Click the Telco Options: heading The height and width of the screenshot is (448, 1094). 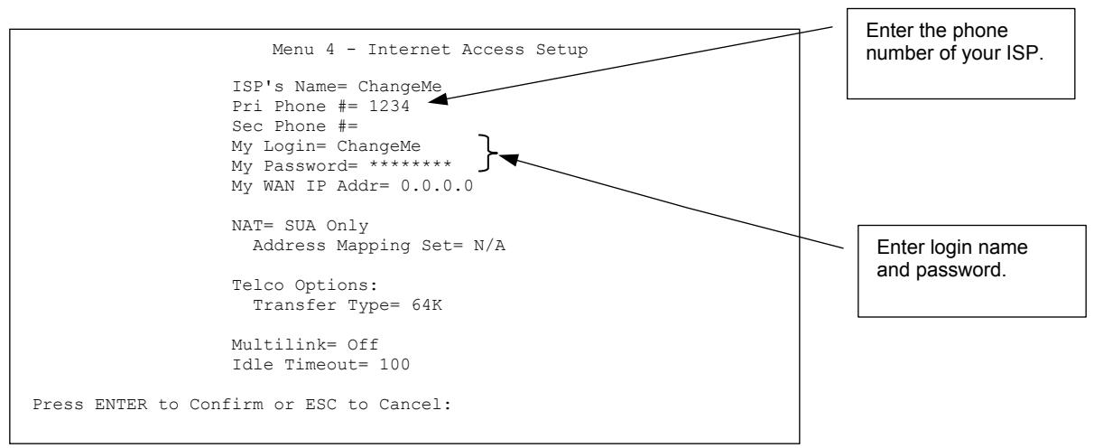286,283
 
